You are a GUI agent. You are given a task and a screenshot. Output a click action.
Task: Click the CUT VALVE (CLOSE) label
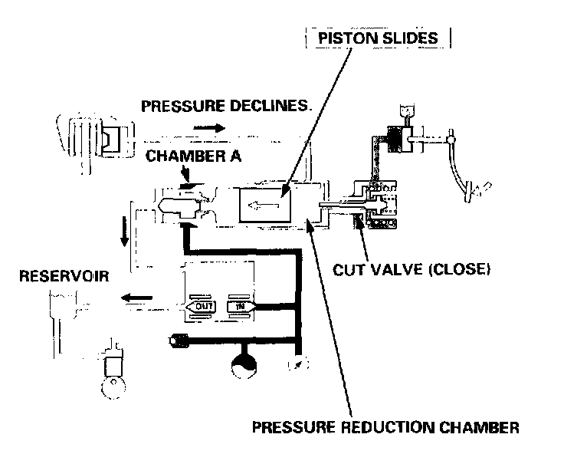click(412, 270)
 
